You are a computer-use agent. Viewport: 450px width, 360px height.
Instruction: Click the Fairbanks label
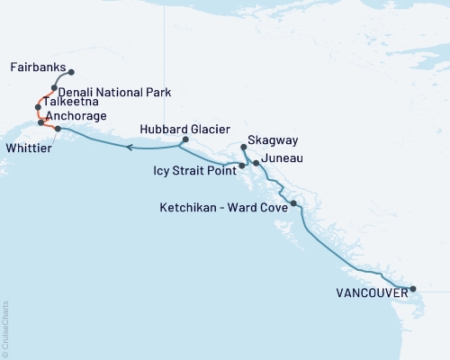click(x=37, y=67)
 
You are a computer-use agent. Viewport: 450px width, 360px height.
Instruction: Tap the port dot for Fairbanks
click(x=71, y=72)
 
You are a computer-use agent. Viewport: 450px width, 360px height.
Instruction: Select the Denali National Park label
click(x=114, y=92)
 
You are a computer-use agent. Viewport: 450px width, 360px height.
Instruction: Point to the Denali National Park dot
click(x=55, y=88)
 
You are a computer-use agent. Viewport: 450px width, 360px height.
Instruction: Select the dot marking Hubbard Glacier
click(x=184, y=139)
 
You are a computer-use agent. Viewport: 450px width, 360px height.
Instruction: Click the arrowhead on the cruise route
click(x=129, y=147)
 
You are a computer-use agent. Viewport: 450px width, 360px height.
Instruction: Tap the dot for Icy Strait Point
click(x=241, y=166)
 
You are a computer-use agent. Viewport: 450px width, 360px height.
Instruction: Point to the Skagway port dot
click(x=244, y=147)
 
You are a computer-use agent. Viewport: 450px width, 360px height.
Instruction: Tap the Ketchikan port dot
click(x=293, y=204)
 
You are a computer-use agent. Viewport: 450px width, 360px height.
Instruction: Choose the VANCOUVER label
click(x=369, y=293)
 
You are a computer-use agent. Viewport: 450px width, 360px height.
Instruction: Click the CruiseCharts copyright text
click(x=6, y=328)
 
